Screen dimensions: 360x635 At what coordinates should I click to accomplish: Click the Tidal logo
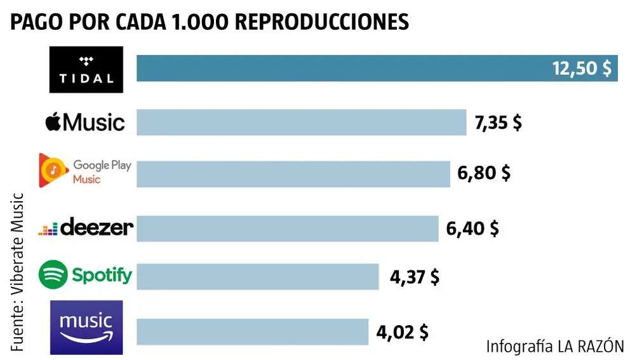[x=86, y=69]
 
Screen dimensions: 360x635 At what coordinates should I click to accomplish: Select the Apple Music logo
[x=85, y=122]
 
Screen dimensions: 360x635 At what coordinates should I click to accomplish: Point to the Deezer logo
[x=86, y=227]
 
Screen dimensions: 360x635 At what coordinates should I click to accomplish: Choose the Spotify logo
[x=86, y=275]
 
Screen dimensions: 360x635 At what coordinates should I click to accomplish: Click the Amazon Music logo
[x=86, y=327]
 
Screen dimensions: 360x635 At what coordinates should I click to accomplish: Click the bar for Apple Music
[x=302, y=122]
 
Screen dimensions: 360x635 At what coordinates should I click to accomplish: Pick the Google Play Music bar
[x=293, y=173]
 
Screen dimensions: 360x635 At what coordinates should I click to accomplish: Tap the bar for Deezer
[x=287, y=228]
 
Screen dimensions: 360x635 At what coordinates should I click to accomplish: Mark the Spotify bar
[x=258, y=277]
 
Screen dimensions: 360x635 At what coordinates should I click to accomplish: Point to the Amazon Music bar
[x=252, y=331]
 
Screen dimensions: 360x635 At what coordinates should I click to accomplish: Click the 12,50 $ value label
[x=581, y=69]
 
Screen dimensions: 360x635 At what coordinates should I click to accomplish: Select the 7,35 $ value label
[x=498, y=122]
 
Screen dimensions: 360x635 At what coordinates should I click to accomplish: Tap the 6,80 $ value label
[x=485, y=173]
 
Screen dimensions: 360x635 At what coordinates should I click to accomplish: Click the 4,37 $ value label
[x=413, y=277]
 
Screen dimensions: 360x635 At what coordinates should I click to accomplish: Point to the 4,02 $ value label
[x=402, y=331]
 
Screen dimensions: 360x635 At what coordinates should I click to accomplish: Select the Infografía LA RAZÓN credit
[x=555, y=346]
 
